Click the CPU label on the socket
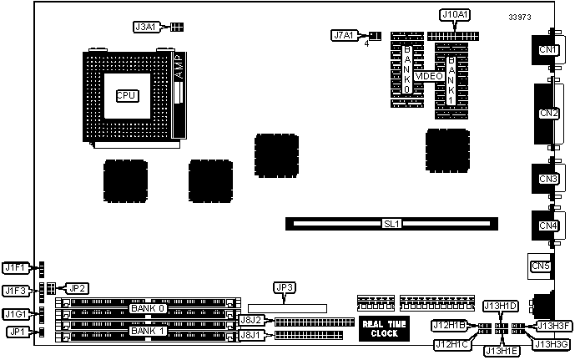point(126,95)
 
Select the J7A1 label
point(344,35)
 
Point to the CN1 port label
point(548,49)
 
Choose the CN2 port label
point(548,113)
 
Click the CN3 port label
point(548,179)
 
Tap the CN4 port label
point(548,226)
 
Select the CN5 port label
point(541,266)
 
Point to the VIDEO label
point(429,76)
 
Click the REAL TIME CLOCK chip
point(385,328)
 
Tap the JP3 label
point(285,288)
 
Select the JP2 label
point(77,288)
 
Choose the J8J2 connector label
point(251,320)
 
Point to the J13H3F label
point(553,326)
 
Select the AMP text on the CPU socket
point(178,67)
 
